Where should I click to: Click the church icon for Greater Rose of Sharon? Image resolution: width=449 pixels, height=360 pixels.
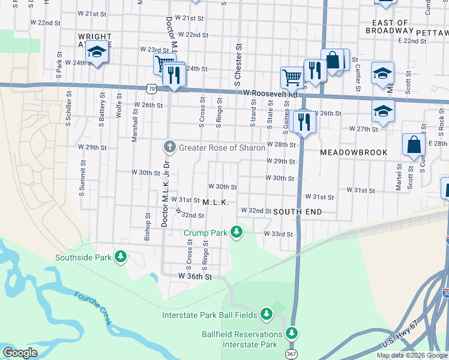[x=170, y=147]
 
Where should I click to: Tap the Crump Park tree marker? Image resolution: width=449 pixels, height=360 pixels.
[x=237, y=232]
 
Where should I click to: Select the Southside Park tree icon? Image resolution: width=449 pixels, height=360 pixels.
[x=121, y=257]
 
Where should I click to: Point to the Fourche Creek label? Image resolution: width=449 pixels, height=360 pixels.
[x=92, y=308]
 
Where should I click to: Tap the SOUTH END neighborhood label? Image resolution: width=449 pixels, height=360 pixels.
[x=297, y=212]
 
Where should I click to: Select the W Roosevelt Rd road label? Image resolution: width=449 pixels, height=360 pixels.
[x=271, y=94]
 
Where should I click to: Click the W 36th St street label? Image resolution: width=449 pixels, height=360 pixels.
[x=195, y=277]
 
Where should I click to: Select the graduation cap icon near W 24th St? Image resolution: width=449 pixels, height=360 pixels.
[x=97, y=52]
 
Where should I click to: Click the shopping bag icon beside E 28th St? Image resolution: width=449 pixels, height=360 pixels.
[x=414, y=145]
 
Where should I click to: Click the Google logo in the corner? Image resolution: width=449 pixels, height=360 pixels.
[x=20, y=353]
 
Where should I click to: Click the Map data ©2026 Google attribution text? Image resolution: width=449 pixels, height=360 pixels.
[x=412, y=355]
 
